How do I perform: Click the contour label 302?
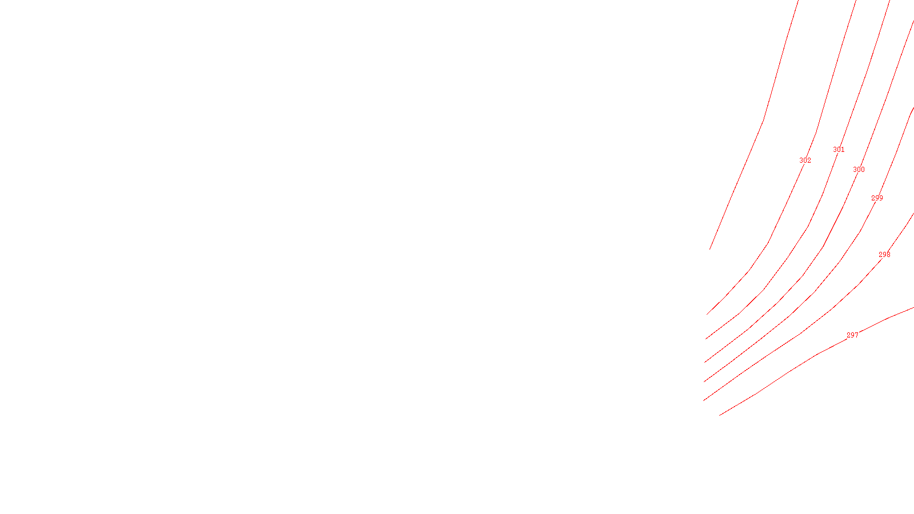pyautogui.click(x=805, y=160)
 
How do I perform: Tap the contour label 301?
pyautogui.click(x=839, y=150)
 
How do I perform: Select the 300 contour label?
pyautogui.click(x=859, y=170)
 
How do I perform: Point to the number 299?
pyautogui.click(x=877, y=198)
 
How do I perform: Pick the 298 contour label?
pyautogui.click(x=884, y=255)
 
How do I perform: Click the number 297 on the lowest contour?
pyautogui.click(x=852, y=335)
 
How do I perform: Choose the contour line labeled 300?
pyautogui.click(x=823, y=247)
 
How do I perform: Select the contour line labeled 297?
pyautogui.click(x=817, y=354)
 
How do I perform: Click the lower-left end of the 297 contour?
pyautogui.click(x=720, y=415)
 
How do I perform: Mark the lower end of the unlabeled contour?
pyautogui.click(x=710, y=250)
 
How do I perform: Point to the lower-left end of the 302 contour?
pyautogui.click(x=707, y=314)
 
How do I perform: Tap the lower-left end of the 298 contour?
pyautogui.click(x=704, y=400)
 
